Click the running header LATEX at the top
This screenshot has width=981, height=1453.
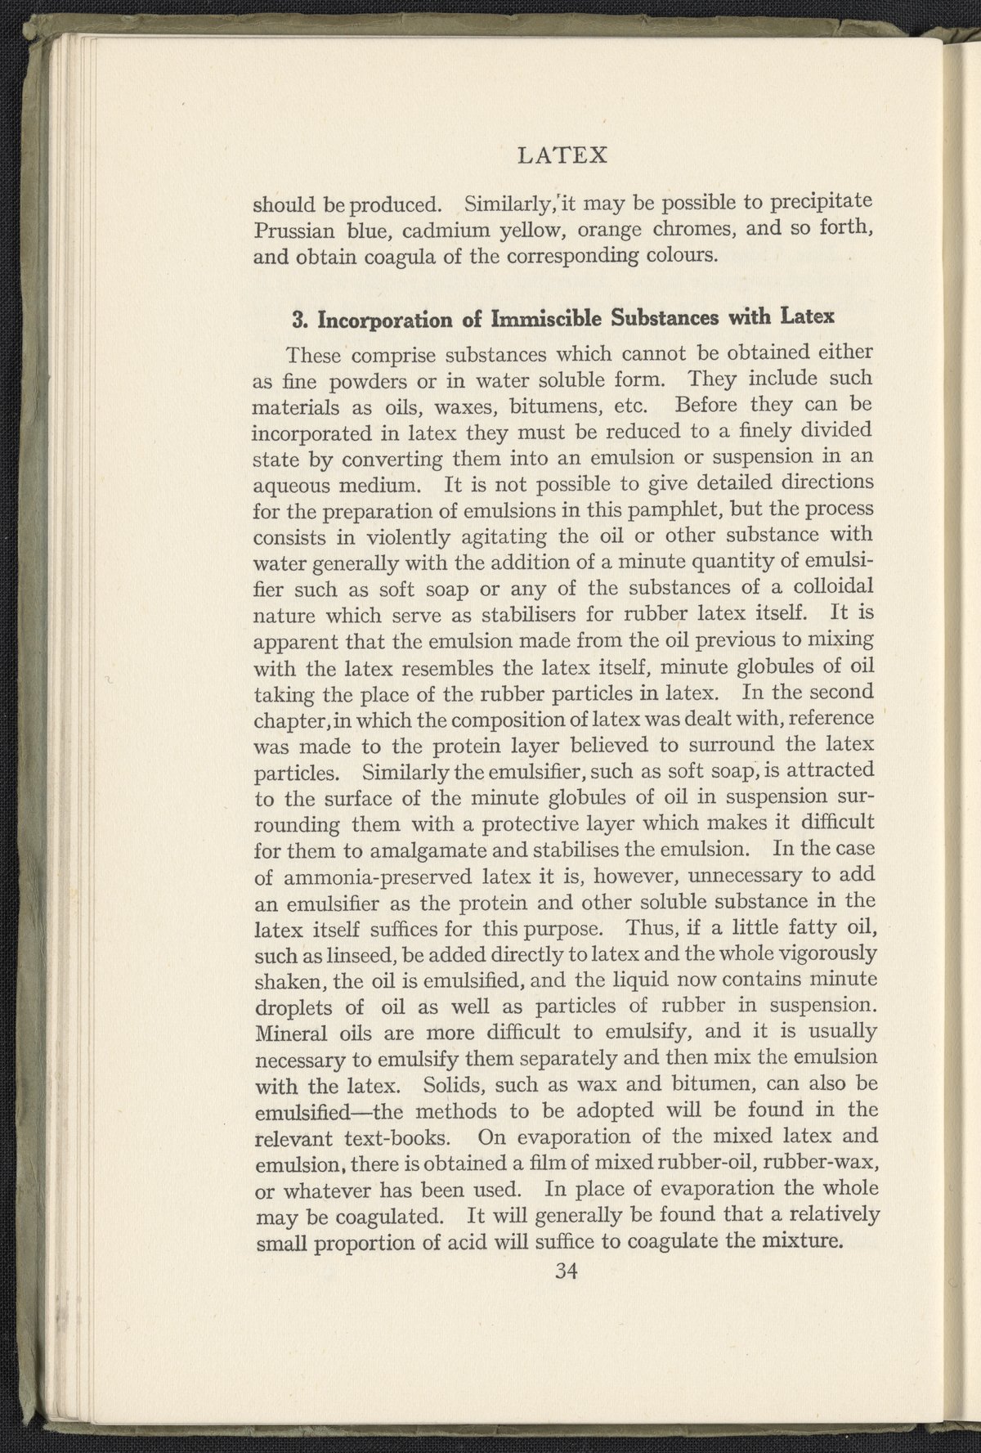[563, 155]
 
